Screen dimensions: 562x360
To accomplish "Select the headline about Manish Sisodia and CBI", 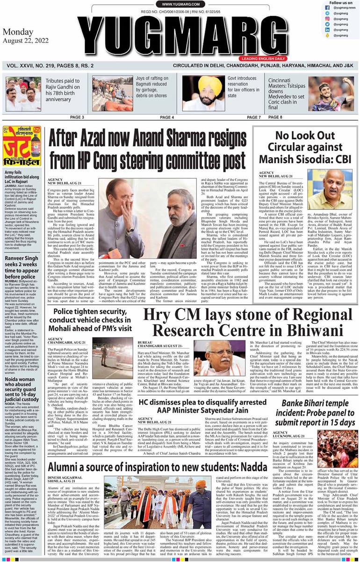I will point(306,148).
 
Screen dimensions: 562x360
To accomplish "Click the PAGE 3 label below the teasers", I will point(77,117).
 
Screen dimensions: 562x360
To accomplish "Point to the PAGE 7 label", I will point(253,117).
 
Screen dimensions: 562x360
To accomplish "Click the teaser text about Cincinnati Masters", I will point(285,94).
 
